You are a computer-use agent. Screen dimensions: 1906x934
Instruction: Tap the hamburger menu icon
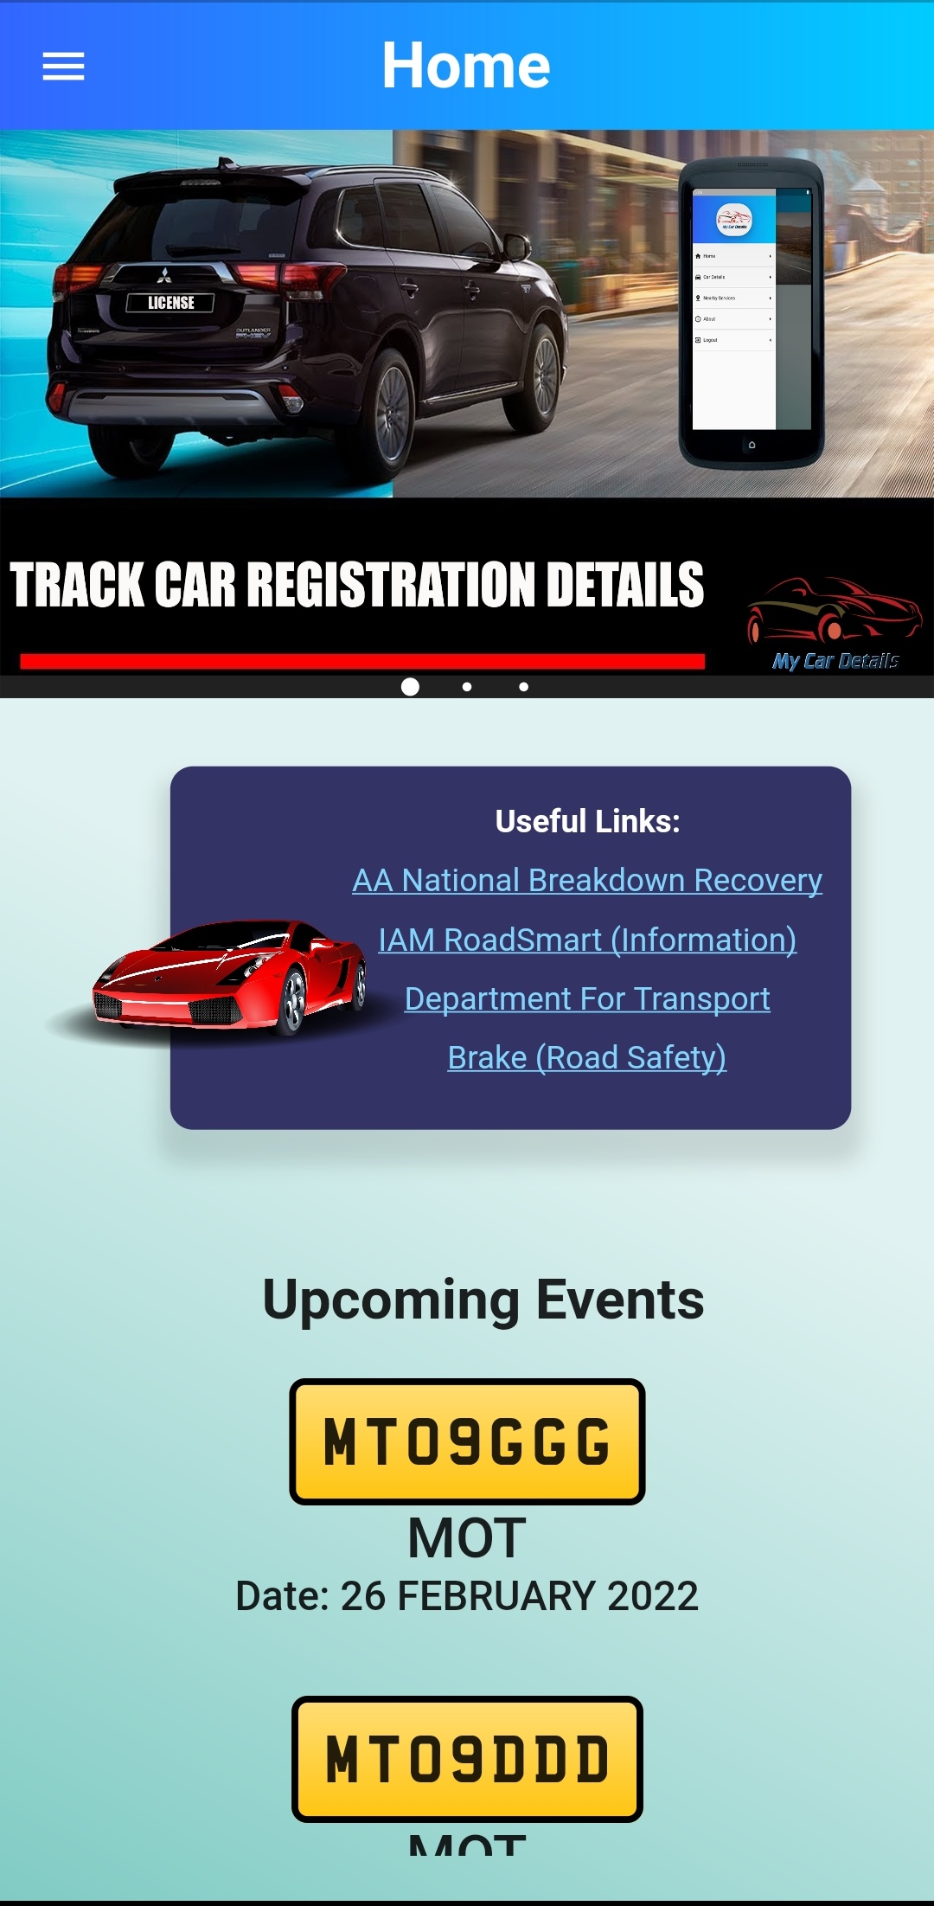pos(63,66)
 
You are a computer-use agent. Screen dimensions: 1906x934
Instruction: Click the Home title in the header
pos(466,66)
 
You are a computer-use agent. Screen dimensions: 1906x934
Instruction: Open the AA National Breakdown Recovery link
pos(587,880)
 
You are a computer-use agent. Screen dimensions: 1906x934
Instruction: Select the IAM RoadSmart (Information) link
pos(587,940)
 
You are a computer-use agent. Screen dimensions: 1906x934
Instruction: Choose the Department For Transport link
pos(587,998)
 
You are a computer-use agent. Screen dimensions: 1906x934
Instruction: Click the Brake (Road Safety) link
pos(587,1057)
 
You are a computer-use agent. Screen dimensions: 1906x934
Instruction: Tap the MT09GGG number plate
pos(467,1441)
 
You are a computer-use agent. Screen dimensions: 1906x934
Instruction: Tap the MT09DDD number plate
pos(467,1759)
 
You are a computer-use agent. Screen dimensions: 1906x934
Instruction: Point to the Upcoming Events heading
pos(483,1300)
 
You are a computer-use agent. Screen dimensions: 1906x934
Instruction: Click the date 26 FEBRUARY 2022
pos(519,1596)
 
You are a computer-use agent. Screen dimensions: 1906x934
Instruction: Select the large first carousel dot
pos(411,686)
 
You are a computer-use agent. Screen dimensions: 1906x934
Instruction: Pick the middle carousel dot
pos(467,687)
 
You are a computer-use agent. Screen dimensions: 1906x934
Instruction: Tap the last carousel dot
pos(523,687)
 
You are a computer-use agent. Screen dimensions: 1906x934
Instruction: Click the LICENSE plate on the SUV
pos(170,303)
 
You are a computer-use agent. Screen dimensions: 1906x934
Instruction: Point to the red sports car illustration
pos(229,978)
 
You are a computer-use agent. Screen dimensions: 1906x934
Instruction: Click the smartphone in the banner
pos(751,311)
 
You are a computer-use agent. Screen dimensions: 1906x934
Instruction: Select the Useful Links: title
pos(587,821)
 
